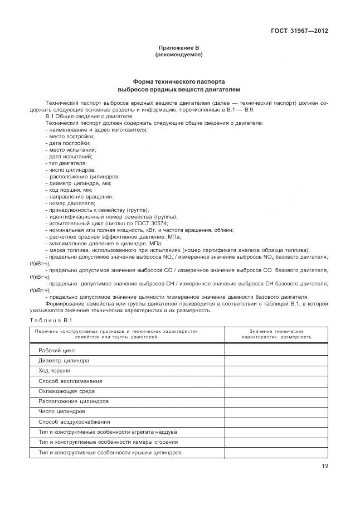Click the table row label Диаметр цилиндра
click(64, 361)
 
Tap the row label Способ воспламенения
click(70, 381)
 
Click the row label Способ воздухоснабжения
click(74, 421)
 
